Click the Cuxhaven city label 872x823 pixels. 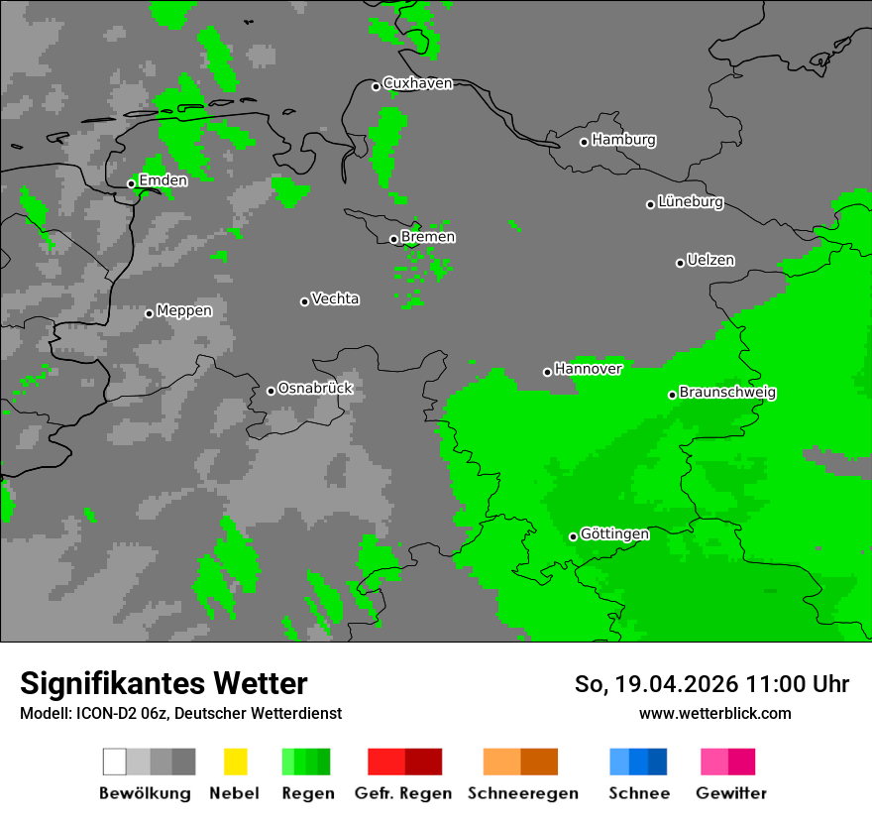click(x=417, y=83)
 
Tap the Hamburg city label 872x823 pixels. click(x=623, y=140)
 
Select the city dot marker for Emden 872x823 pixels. click(x=131, y=183)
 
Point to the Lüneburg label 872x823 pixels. click(x=690, y=202)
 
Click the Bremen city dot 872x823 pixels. click(x=393, y=239)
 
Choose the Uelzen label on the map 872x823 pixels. click(x=710, y=261)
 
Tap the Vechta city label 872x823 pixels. click(x=335, y=298)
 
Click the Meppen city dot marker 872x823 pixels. click(x=149, y=313)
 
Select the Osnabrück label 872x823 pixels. click(x=314, y=388)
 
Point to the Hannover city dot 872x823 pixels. click(x=547, y=372)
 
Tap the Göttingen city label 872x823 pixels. click(x=614, y=534)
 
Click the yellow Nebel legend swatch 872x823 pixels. click(x=235, y=762)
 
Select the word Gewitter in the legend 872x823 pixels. click(x=731, y=793)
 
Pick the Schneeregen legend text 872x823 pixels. click(x=523, y=793)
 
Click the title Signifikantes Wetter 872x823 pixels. click(x=163, y=683)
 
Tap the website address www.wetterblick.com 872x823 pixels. click(x=714, y=713)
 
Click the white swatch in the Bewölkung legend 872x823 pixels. click(x=114, y=762)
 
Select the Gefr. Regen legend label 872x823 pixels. click(x=403, y=793)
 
